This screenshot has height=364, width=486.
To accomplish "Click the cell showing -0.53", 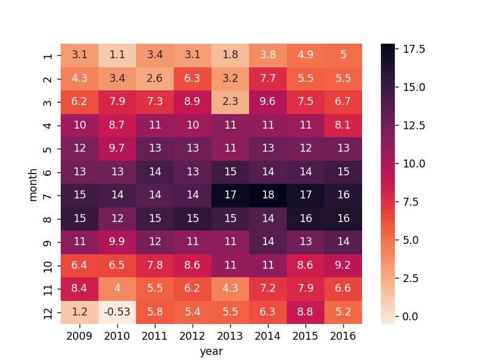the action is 117,312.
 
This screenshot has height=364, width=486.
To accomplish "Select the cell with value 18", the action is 268,195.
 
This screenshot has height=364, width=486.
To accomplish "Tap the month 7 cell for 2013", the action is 230,195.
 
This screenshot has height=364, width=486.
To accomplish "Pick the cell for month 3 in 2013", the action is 230,102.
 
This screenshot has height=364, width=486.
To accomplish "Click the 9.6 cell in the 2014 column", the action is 268,102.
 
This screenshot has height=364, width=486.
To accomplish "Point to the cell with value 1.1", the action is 117,55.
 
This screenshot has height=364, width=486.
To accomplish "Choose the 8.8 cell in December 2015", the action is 306,312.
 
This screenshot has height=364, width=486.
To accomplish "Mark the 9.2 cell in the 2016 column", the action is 343,266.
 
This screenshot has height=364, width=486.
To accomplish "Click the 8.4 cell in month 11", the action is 80,289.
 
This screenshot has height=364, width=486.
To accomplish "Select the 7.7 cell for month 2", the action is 268,79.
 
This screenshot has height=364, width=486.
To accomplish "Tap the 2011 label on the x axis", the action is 155,336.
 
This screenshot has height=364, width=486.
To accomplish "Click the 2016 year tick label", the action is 343,336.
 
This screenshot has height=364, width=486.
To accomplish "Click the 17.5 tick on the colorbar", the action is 414,49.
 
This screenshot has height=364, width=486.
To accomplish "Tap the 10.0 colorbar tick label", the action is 414,163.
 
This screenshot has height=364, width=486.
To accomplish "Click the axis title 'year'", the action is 211,352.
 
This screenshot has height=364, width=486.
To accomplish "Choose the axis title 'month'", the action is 33,185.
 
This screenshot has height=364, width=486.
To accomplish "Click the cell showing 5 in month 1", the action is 343,55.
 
